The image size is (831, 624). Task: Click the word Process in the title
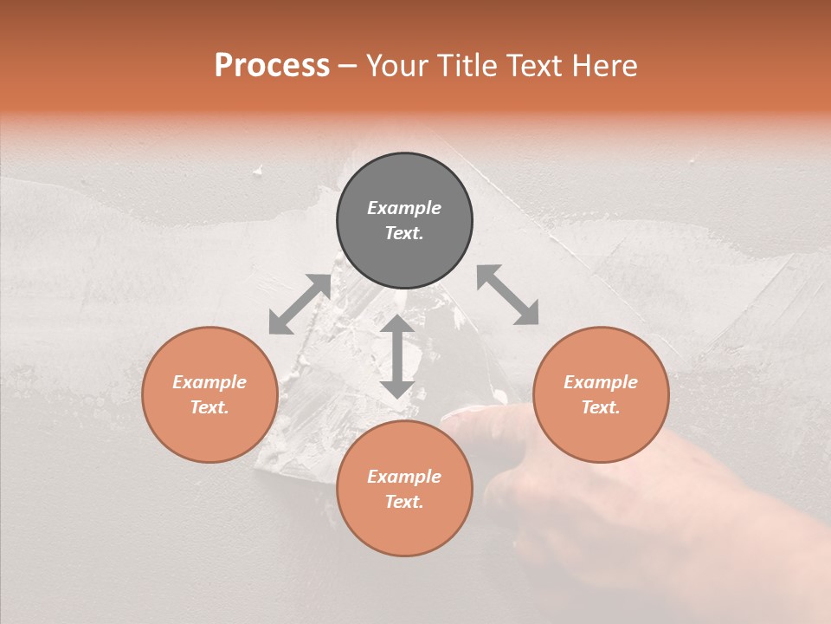point(272,66)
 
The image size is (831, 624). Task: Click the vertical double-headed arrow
point(397,356)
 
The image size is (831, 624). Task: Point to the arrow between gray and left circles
point(300,304)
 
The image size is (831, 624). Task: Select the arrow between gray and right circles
point(508,295)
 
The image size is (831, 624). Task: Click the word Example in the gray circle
point(404,208)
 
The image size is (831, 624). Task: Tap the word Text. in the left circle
point(209,407)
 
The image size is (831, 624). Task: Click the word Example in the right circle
point(601,382)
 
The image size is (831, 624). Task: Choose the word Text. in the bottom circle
point(404,502)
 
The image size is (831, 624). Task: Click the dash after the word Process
point(348,67)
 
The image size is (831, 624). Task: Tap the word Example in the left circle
point(209,382)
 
